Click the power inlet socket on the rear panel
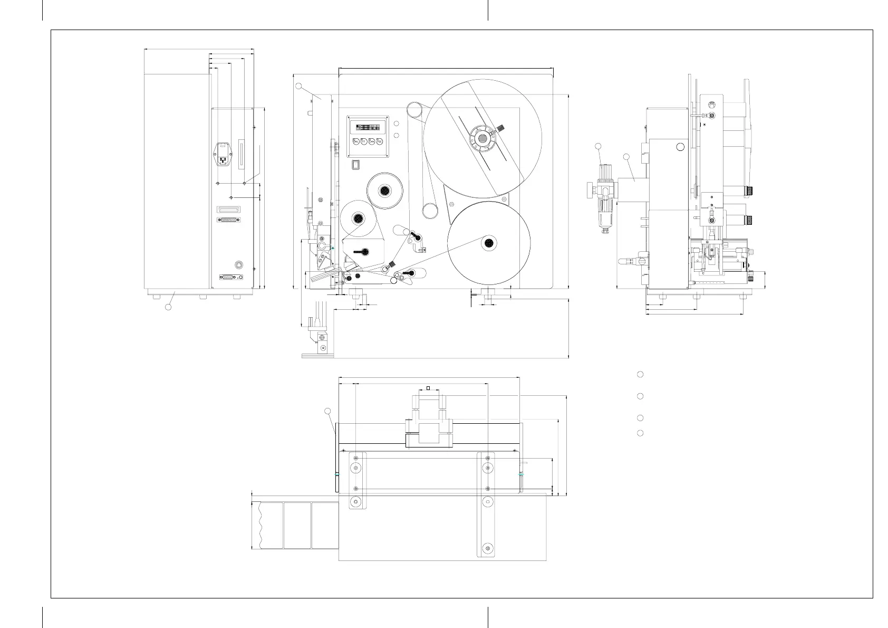point(223,155)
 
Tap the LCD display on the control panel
point(368,128)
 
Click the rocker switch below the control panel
point(356,164)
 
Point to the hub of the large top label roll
point(482,138)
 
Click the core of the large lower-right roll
point(489,242)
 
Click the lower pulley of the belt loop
point(430,211)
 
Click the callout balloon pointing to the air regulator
point(598,146)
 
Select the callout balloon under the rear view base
point(168,307)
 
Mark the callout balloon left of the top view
point(327,411)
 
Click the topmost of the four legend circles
point(640,374)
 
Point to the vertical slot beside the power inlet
point(242,154)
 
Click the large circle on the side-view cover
point(681,147)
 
